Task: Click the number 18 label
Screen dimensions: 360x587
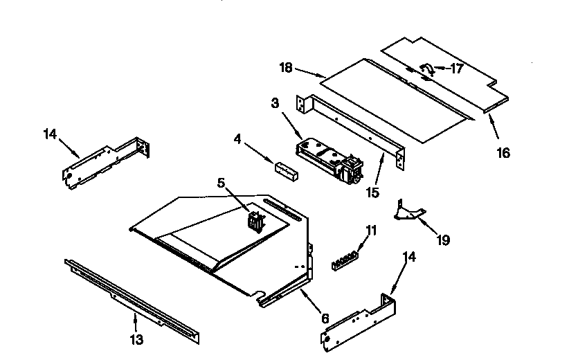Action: click(x=287, y=68)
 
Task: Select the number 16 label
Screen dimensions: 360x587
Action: click(x=503, y=153)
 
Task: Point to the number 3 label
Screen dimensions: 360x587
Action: click(x=274, y=105)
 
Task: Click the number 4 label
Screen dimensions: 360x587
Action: click(x=237, y=139)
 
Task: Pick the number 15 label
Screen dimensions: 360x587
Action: click(x=372, y=192)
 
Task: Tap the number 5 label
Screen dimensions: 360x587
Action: click(x=221, y=183)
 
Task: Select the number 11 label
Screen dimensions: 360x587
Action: click(x=371, y=231)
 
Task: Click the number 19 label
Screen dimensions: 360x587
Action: click(x=443, y=240)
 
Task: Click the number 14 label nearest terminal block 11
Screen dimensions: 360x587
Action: click(x=410, y=258)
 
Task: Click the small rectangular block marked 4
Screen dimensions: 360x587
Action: click(x=287, y=171)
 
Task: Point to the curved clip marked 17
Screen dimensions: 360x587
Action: click(x=426, y=69)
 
